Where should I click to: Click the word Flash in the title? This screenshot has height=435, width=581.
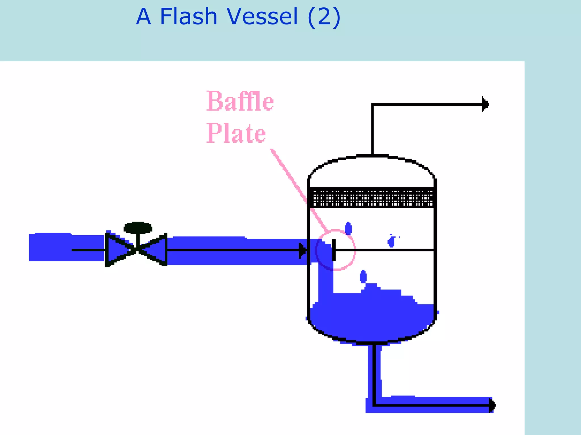[189, 16]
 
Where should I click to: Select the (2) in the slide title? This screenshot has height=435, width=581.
[324, 17]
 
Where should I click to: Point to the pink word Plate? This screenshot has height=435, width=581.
[236, 133]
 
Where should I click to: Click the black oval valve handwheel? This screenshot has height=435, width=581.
[138, 228]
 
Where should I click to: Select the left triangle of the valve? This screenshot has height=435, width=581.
[120, 250]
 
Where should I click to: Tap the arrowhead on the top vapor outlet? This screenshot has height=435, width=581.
[485, 104]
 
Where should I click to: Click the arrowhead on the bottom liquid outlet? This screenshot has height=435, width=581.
[492, 405]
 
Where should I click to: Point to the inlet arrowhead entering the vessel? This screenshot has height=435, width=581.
[303, 251]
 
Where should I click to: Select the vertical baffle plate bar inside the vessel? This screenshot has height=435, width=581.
[334, 250]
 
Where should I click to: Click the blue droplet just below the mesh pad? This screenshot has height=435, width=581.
[348, 228]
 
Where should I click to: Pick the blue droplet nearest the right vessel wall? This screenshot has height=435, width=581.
[391, 242]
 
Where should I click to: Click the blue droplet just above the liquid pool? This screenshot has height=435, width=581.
[363, 276]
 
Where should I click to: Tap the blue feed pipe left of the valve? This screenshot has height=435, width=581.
[67, 247]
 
